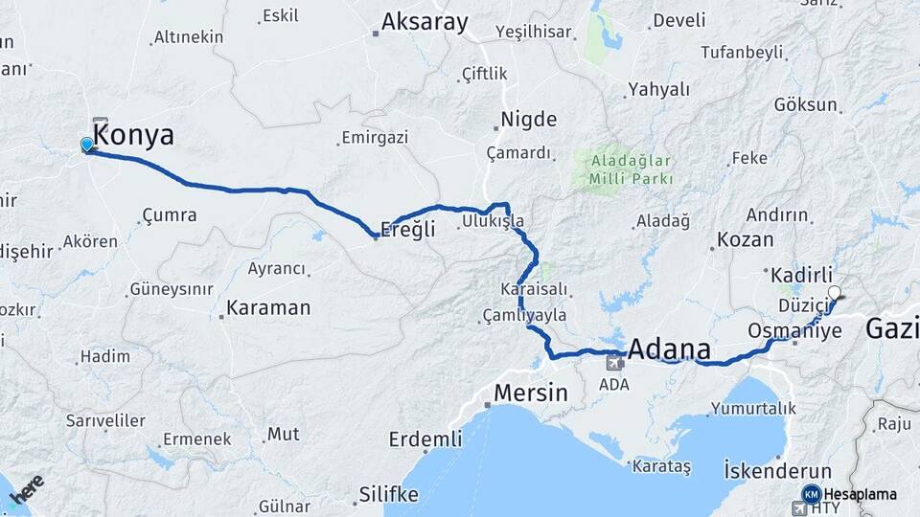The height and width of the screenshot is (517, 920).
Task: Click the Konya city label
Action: tap(133, 136)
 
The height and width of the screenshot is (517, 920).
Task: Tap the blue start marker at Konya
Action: tap(87, 145)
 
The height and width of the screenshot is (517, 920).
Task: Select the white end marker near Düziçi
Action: tap(835, 293)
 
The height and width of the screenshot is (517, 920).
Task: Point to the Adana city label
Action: tap(670, 348)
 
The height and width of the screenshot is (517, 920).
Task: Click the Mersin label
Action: tap(530, 393)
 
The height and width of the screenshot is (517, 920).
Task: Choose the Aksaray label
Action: tap(425, 22)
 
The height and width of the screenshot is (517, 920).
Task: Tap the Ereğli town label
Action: tap(407, 229)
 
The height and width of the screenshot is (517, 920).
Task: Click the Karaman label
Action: tap(268, 308)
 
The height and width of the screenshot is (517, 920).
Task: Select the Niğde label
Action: tap(528, 120)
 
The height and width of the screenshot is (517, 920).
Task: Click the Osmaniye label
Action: tap(794, 330)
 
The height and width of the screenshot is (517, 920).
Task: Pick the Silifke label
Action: tap(388, 494)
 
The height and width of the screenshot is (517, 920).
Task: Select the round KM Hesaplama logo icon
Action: tap(811, 494)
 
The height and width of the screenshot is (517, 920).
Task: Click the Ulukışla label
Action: tap(493, 220)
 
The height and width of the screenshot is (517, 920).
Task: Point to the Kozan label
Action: tap(745, 239)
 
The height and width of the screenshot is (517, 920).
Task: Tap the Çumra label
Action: tap(169, 215)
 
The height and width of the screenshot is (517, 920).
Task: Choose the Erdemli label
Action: tap(425, 439)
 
